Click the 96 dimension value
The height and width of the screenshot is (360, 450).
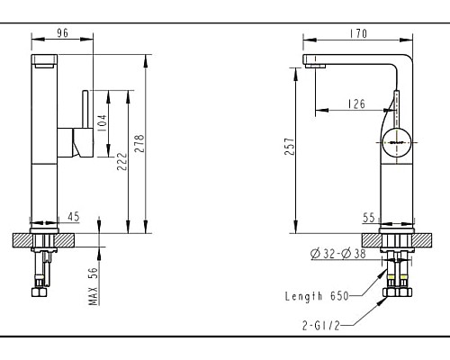pyautogui.click(x=63, y=32)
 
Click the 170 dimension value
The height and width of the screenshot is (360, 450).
pyautogui.click(x=358, y=33)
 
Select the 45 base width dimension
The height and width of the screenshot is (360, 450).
pyautogui.click(x=74, y=216)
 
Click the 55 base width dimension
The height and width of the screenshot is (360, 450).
pyautogui.click(x=369, y=217)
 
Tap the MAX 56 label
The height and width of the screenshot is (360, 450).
pyautogui.click(x=93, y=287)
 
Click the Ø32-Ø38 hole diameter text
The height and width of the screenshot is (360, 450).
pyautogui.click(x=338, y=255)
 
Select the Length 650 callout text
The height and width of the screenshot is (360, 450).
pyautogui.click(x=318, y=295)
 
